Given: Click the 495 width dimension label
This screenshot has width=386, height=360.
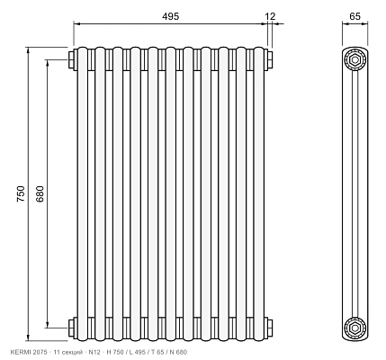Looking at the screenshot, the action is [170, 16].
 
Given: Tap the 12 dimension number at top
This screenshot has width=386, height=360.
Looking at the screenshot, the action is [270, 16].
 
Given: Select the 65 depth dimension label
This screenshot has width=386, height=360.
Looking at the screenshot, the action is [355, 16].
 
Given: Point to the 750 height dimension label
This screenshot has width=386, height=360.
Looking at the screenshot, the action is [21, 193].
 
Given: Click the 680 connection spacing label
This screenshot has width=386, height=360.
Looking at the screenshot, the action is [40, 193].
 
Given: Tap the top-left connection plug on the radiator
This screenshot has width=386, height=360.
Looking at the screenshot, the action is [72, 59].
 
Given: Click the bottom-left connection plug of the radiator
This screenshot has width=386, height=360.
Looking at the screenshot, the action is [72, 328].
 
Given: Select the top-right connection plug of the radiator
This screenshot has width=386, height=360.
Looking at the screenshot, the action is [270, 59].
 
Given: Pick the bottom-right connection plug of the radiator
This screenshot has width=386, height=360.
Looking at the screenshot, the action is [270, 328].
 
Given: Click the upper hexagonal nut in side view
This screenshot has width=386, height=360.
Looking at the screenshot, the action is [355, 59].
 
